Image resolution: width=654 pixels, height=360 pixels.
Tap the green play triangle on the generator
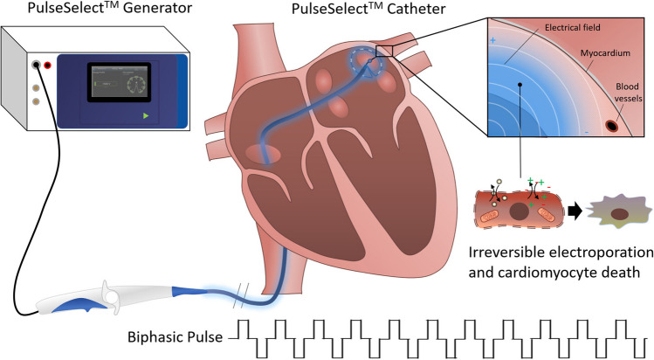(x=146, y=115)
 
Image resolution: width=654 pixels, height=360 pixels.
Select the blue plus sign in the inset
(x=493, y=41)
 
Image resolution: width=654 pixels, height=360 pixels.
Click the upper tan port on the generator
(x=35, y=88)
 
